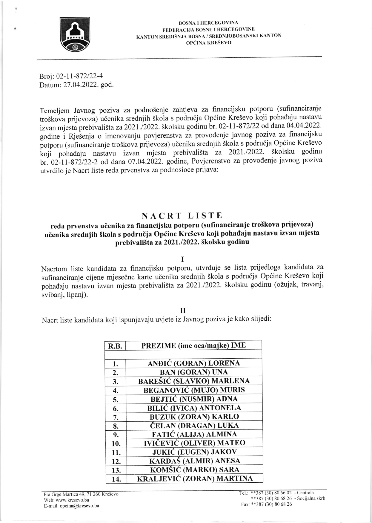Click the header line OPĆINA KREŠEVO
(x=208, y=43)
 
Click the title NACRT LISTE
(x=182, y=215)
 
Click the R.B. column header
(x=115, y=346)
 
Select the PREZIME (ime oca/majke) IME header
(x=193, y=345)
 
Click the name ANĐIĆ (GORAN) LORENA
(x=194, y=363)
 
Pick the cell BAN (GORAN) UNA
(x=194, y=372)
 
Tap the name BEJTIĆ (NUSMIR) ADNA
(x=194, y=399)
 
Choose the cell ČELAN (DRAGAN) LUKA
(x=194, y=425)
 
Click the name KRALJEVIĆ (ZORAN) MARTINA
(x=194, y=478)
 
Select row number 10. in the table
(x=116, y=444)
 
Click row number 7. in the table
(x=116, y=417)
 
